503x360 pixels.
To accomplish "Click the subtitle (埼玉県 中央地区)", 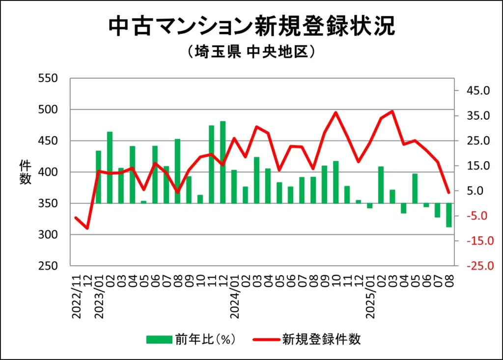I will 251,52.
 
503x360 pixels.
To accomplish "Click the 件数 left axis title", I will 25,172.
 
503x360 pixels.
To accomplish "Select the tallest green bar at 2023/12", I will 223,162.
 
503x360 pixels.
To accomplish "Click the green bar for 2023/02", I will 110,167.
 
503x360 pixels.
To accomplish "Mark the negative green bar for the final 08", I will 449,215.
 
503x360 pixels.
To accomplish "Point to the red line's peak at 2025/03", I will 392,111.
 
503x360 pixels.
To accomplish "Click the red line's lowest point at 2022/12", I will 87,228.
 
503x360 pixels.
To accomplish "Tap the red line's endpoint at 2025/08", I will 448,193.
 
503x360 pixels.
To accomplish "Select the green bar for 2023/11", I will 211,164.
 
